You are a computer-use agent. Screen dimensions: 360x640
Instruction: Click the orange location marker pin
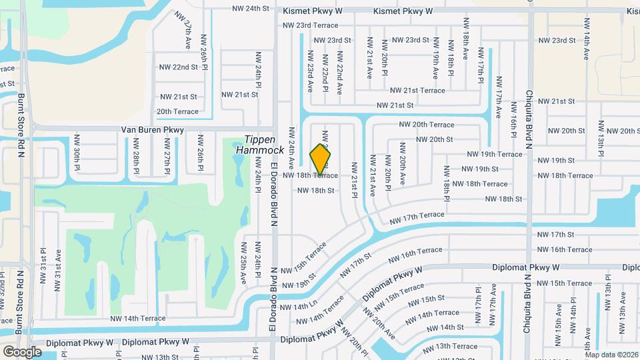pyautogui.click(x=321, y=159)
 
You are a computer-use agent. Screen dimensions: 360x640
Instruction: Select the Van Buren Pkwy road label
pyautogui.click(x=152, y=130)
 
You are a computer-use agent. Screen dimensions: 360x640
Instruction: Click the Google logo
pyautogui.click(x=22, y=351)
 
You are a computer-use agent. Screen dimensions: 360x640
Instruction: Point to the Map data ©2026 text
pyautogui.click(x=611, y=355)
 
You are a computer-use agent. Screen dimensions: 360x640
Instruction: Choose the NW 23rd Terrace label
pyautogui.click(x=311, y=25)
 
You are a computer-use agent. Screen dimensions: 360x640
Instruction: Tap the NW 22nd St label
pyautogui.click(x=179, y=67)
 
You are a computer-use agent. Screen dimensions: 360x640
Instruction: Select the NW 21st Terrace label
pyautogui.click(x=417, y=90)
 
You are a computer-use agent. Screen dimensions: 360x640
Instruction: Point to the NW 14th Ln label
pyautogui.click(x=299, y=306)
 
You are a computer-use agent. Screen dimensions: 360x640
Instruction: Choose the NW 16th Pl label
pyautogui.click(x=514, y=119)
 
